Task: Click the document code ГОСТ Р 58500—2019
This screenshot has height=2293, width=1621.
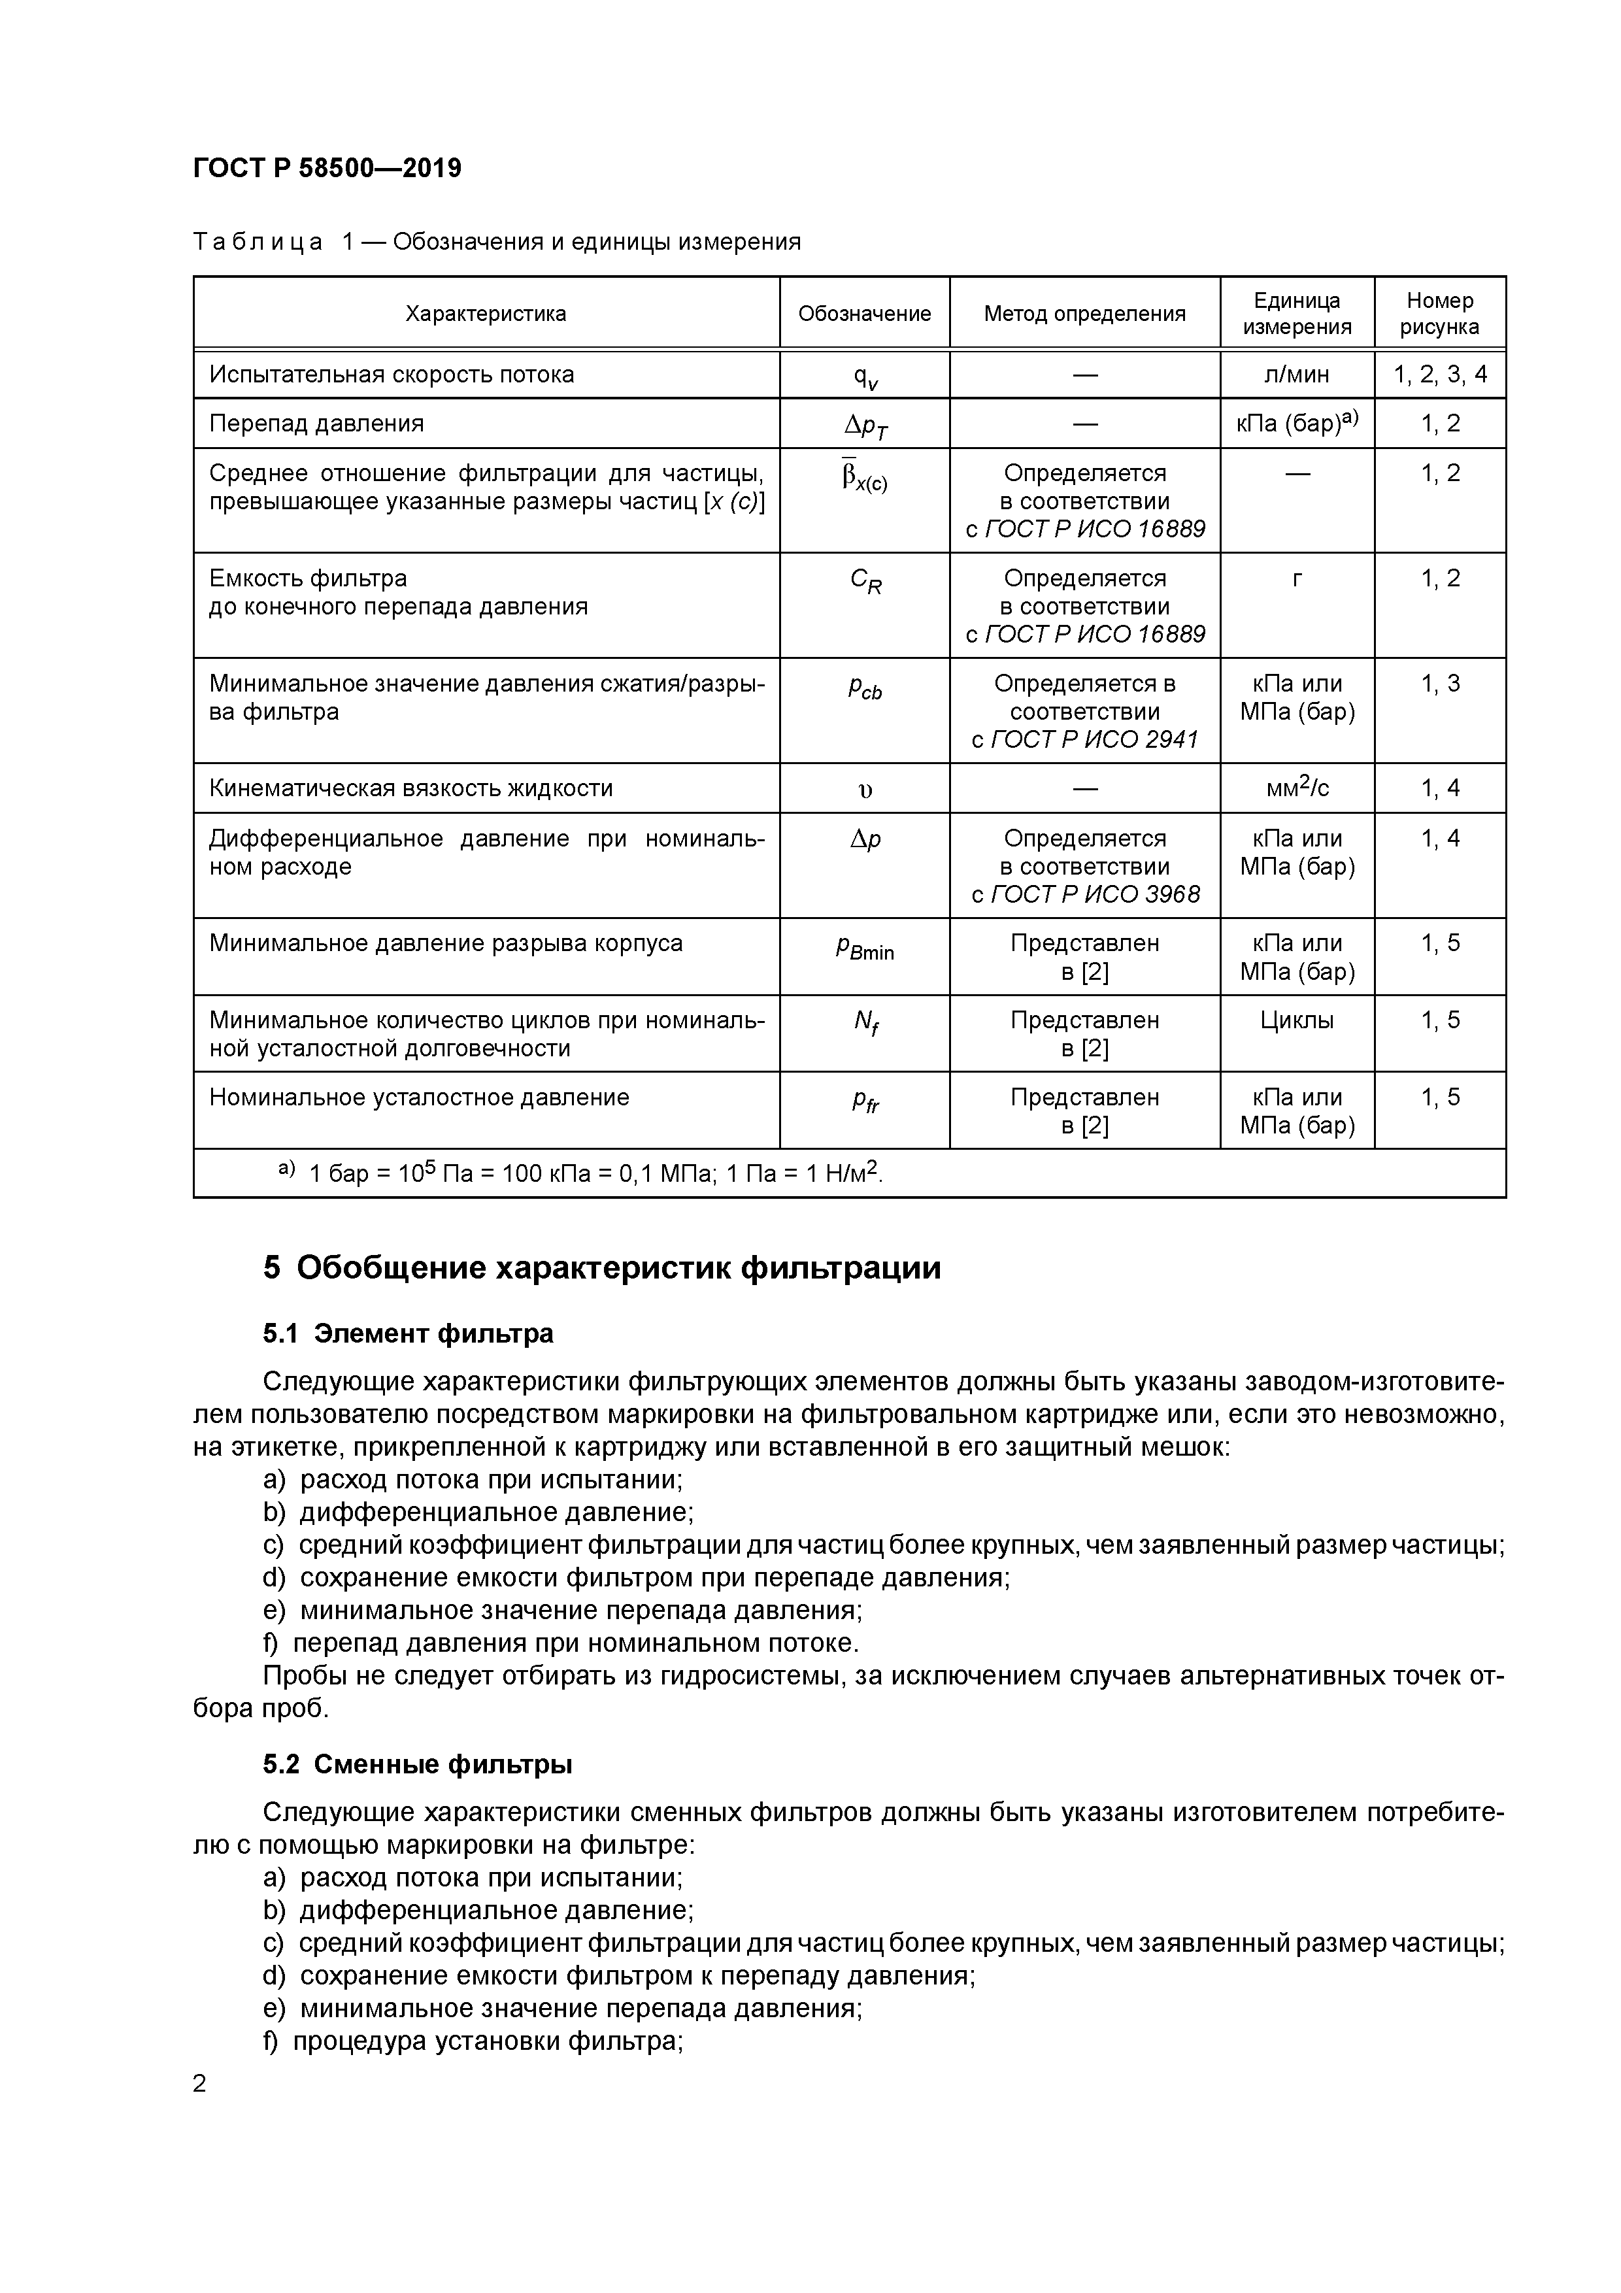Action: tap(327, 168)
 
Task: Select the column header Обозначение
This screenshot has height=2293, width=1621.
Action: tap(864, 314)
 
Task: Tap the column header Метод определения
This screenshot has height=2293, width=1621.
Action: tap(1084, 314)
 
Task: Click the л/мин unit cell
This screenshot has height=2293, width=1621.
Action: tap(1296, 375)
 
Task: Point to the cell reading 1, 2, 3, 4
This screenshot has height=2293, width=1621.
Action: tap(1439, 375)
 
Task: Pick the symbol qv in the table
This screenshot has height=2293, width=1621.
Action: tap(864, 377)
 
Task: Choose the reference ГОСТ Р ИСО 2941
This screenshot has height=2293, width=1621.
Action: tap(1094, 740)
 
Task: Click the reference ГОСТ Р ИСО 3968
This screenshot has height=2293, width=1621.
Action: tap(1095, 895)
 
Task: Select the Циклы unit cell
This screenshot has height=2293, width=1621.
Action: tap(1296, 1020)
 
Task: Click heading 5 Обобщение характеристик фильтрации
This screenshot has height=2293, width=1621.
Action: tap(601, 1268)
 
